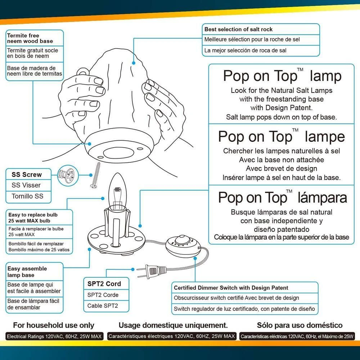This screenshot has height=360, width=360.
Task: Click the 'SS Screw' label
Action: pos(27,175)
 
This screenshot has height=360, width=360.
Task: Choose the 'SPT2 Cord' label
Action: pos(104,284)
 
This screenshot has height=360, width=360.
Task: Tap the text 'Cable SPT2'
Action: pos(103,306)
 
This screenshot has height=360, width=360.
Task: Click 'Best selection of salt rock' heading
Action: pos(238,29)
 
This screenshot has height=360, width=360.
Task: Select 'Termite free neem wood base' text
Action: pos(30,38)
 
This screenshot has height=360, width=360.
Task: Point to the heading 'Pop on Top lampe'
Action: pos(281,137)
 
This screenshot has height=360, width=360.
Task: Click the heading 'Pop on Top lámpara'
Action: pos(283,198)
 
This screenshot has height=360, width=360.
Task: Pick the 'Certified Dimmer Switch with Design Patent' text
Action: pos(231,288)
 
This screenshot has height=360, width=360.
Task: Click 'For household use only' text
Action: pos(54,325)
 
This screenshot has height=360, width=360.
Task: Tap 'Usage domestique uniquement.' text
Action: pos(173,325)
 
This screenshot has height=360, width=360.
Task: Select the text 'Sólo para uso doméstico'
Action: pos(300,325)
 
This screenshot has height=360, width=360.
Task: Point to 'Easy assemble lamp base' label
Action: pos(27,272)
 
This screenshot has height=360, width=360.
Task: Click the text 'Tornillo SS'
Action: pos(27,196)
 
